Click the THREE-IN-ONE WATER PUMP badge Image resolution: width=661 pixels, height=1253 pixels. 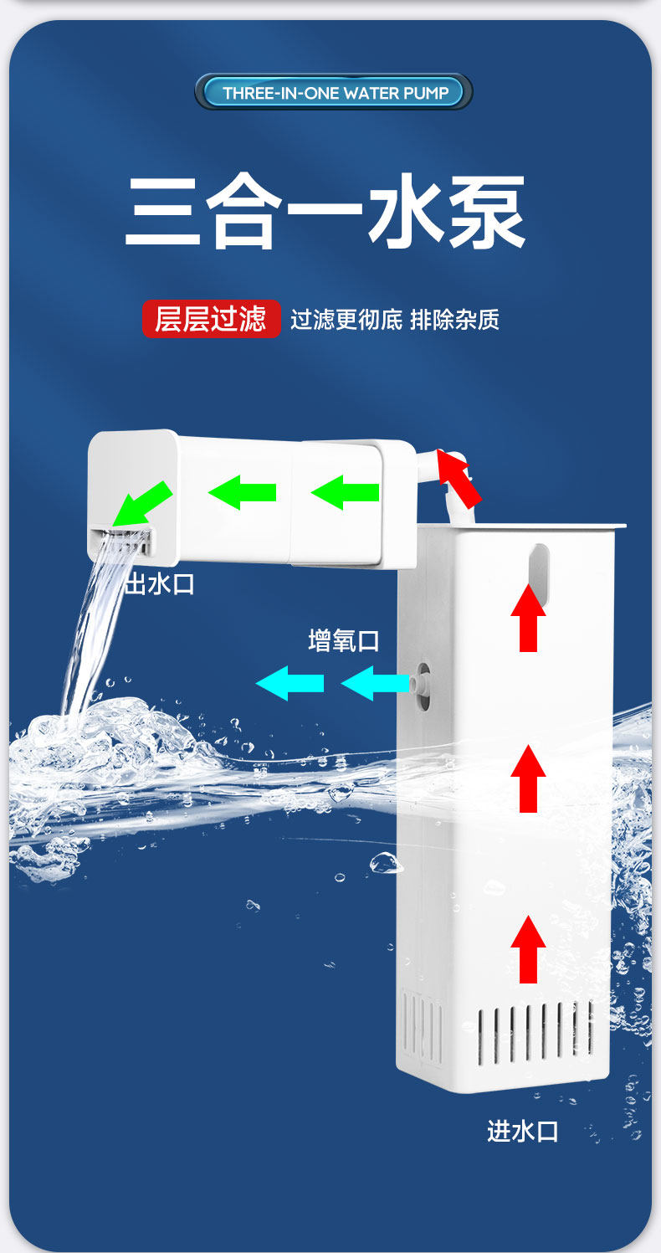(334, 92)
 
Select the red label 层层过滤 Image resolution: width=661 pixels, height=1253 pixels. (211, 319)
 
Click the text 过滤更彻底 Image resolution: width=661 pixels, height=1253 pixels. (346, 320)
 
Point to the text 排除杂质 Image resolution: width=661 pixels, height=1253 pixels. (454, 320)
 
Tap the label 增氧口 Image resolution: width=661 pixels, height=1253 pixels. (344, 641)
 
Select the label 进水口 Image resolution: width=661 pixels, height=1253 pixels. (522, 1132)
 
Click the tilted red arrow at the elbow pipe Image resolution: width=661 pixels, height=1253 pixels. (459, 478)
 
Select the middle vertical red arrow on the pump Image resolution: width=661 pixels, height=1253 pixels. (528, 778)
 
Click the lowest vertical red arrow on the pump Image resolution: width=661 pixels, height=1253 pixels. (528, 949)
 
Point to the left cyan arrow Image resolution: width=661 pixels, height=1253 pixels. (290, 683)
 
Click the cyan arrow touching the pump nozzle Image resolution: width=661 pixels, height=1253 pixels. (375, 683)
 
